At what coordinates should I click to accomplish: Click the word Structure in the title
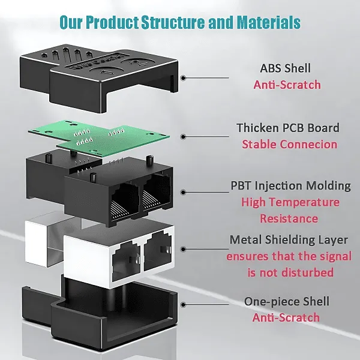[173, 22]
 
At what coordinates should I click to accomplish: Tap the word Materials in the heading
[268, 22]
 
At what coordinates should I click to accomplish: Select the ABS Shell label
[286, 68]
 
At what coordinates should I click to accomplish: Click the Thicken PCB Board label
[288, 128]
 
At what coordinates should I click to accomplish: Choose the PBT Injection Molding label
[290, 186]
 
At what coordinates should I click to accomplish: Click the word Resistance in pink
[289, 218]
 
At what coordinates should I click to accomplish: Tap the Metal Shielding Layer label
[289, 240]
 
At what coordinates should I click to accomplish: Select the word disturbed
[307, 272]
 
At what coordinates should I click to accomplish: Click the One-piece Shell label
[287, 301]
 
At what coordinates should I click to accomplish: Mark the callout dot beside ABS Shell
[183, 78]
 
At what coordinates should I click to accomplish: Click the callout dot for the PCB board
[183, 137]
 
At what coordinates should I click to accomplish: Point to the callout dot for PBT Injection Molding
[183, 193]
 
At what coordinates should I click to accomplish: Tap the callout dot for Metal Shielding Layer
[183, 250]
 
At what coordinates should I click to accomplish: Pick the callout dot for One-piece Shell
[183, 305]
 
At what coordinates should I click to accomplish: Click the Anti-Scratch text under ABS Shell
[287, 85]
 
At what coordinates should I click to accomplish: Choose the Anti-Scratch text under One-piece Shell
[286, 318]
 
